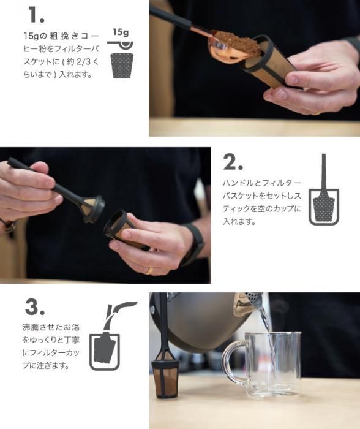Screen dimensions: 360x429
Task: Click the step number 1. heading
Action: tap(36, 15)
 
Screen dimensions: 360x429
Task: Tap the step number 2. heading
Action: tap(233, 162)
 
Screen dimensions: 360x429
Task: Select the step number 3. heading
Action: tap(35, 306)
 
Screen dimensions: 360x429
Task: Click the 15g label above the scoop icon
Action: tap(121, 32)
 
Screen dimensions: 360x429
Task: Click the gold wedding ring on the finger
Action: tap(149, 271)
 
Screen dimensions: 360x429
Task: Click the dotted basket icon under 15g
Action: tap(122, 66)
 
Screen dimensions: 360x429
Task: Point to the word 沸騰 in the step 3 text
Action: tap(31, 327)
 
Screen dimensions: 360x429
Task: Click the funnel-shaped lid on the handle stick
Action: tap(93, 207)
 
